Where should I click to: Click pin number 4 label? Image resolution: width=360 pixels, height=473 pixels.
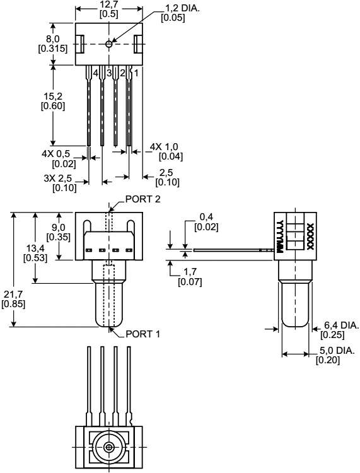coord(96,73)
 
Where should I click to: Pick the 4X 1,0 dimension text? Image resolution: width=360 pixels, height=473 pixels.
coord(163,147)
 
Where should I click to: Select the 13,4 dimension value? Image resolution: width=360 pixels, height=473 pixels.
coord(33,248)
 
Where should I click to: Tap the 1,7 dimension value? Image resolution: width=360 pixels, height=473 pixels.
coord(188,272)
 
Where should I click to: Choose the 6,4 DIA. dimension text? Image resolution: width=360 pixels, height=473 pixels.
coord(341,325)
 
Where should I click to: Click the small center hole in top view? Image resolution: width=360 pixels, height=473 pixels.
coord(110,44)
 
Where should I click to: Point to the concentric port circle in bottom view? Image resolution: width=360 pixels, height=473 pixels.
coord(110,447)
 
